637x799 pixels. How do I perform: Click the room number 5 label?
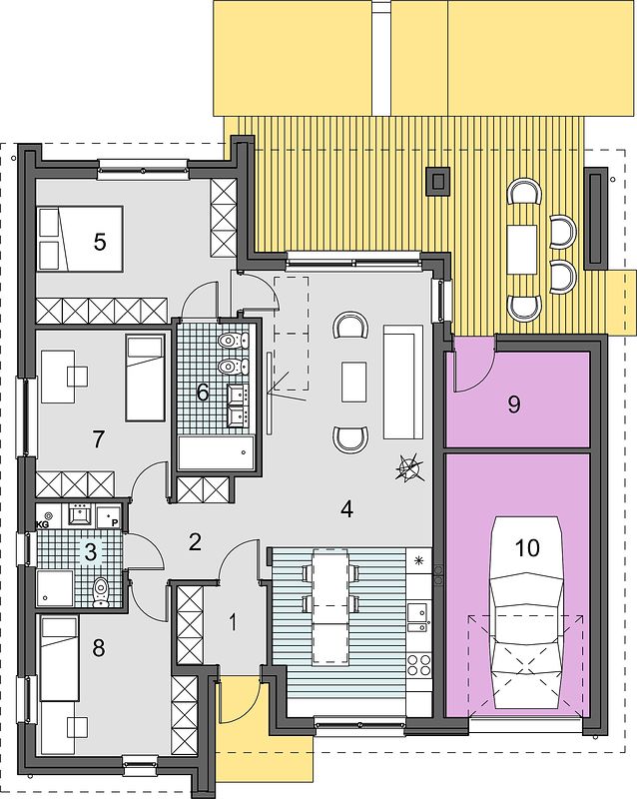100,242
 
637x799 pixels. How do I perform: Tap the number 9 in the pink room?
514,404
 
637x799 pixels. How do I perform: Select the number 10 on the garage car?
527,548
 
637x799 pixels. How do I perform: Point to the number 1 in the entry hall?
233,622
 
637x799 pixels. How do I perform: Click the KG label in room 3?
42,523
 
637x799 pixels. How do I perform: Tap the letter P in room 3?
115,522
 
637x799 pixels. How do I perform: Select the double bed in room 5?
80,238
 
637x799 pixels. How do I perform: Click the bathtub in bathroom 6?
216,452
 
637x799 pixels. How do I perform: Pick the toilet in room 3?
102,592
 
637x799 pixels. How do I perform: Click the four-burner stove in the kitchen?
419,664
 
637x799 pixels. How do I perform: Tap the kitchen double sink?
417,616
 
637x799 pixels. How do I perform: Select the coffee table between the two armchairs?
353,382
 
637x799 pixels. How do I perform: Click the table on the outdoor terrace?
522,250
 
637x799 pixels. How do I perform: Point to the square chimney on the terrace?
437,181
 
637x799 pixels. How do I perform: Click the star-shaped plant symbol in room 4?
409,467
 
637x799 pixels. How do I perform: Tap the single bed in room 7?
145,378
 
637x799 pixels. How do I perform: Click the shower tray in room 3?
56,588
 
